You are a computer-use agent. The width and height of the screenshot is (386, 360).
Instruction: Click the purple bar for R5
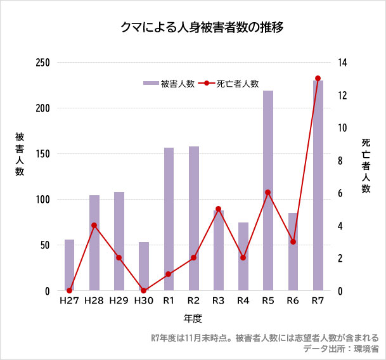coord(268,190)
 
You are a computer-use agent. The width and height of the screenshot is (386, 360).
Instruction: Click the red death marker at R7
coord(318,79)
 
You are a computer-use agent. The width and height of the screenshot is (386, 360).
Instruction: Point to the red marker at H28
coord(94,225)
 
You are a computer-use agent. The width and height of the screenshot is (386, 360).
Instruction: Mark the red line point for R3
coord(218,209)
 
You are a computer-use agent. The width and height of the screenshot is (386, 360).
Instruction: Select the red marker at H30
coord(144,291)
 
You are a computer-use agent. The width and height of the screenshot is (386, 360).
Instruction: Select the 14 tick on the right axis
coord(342,62)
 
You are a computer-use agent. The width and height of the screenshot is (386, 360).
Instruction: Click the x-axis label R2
coord(193,300)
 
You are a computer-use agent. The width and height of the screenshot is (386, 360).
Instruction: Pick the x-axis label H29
coord(119,300)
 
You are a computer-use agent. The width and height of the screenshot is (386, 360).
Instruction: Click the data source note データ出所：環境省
coord(341,349)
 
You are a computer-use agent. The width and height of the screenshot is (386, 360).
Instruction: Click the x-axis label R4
coord(243,300)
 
